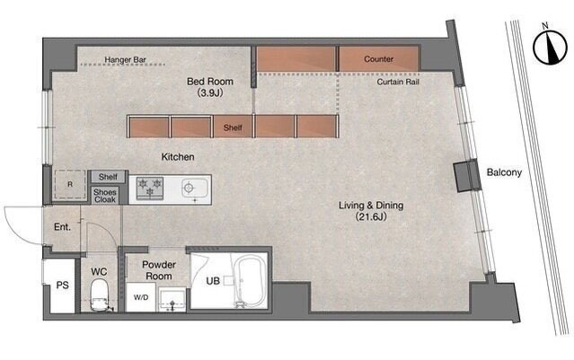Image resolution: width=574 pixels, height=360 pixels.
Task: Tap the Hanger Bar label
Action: [x=125, y=59]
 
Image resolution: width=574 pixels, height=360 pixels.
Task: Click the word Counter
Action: [x=378, y=59]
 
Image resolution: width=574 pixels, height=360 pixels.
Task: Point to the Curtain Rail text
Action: [x=398, y=82]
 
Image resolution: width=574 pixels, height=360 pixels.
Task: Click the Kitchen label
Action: [x=178, y=157]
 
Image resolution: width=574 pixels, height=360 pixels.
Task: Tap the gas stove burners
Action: [x=150, y=189]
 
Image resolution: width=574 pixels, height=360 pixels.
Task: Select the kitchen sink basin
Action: [x=195, y=189]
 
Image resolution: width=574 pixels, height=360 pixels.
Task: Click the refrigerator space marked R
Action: [x=70, y=185]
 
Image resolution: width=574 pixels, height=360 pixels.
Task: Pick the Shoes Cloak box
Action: [x=105, y=196]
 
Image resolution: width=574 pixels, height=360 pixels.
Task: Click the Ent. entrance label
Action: [x=62, y=227]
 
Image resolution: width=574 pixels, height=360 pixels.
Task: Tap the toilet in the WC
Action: [x=100, y=294]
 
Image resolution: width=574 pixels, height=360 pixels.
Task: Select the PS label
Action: [x=62, y=285]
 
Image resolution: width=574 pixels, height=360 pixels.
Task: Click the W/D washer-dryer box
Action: [x=141, y=297]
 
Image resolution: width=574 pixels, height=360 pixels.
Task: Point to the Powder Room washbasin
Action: [x=172, y=298]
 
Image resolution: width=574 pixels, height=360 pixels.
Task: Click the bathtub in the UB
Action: [x=251, y=280]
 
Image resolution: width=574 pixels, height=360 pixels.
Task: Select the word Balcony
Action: [x=504, y=172]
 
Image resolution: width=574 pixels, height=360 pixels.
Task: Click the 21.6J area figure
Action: [x=371, y=216]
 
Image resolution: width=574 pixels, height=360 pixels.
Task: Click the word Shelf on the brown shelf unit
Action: [x=233, y=127]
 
